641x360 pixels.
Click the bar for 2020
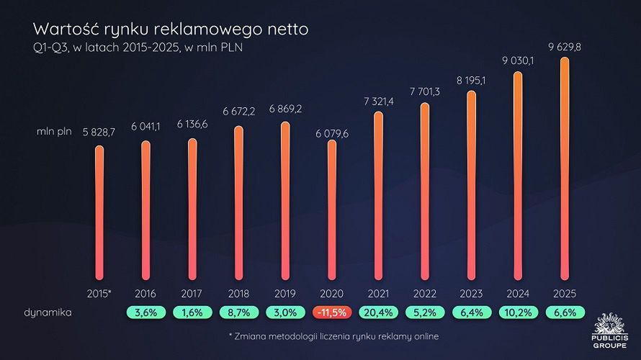tap(331, 209)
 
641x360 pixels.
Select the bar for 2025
tap(565, 169)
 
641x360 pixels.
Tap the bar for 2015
tap(99, 212)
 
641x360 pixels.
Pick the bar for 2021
tap(378, 194)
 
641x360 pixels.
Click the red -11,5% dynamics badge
tap(331, 313)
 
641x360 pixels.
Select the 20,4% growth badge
tap(378, 313)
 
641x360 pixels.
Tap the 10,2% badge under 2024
tap(519, 313)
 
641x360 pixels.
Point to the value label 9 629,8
tap(565, 48)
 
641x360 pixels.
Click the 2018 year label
tap(238, 294)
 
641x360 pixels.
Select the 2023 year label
tap(472, 294)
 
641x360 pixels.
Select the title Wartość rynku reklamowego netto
tap(171, 30)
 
